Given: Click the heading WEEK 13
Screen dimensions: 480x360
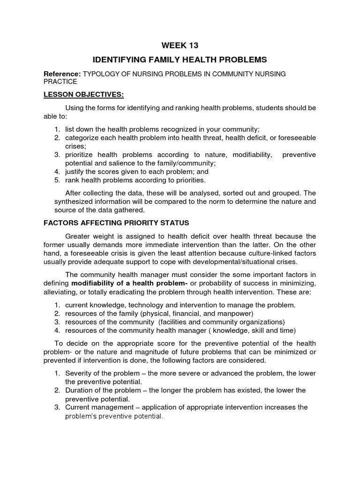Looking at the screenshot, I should pyautogui.click(x=180, y=45).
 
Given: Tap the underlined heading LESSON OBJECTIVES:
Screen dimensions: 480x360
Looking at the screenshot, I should pyautogui.click(x=83, y=95).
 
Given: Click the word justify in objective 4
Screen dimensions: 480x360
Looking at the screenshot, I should pyautogui.click(x=75, y=172).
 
